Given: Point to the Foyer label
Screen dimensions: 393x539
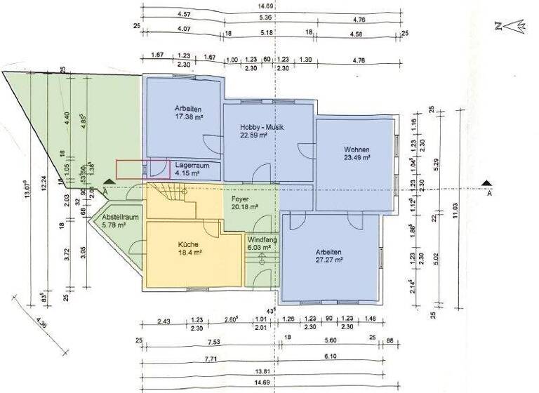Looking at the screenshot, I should [241, 199].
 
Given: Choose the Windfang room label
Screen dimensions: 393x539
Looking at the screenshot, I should [260, 239].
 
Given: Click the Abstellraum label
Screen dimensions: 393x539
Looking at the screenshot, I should [117, 218].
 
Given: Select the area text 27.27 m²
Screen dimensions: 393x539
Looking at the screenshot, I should [328, 260].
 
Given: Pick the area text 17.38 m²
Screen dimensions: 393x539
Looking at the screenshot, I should [188, 118].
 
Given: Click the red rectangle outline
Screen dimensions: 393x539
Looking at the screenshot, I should [142, 169].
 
